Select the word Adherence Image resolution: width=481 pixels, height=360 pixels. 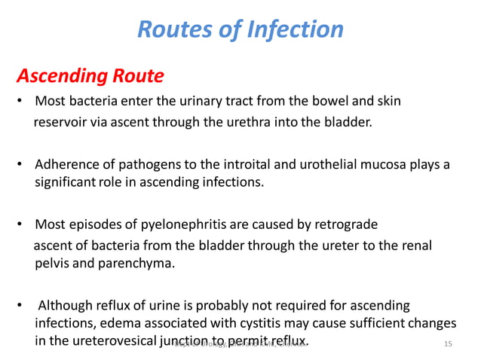tap(65, 164)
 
